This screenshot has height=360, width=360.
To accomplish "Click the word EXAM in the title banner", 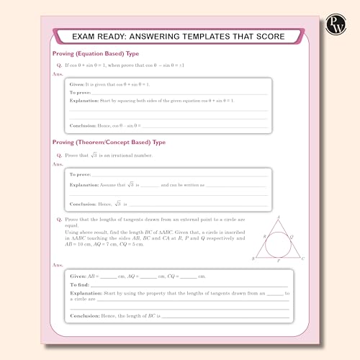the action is tap(91, 36).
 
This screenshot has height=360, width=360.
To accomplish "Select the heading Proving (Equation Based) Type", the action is tap(96, 54).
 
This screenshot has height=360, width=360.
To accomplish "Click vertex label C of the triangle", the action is tap(304, 258).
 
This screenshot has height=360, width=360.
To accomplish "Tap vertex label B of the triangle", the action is tap(253, 258).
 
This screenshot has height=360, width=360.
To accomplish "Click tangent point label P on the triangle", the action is tap(279, 261).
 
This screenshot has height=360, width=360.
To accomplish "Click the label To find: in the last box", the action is tap(80, 284).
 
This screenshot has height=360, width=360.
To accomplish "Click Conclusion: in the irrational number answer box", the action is tap(84, 204).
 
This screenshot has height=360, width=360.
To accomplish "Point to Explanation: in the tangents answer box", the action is tap(86, 294).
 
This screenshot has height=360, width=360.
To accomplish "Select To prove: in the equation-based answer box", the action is tap(80, 93).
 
